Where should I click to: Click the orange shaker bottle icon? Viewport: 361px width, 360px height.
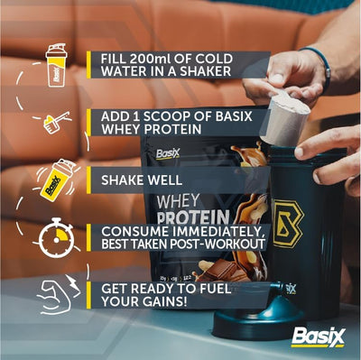click(56, 66)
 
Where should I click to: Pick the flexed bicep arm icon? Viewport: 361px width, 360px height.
click(54, 295)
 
